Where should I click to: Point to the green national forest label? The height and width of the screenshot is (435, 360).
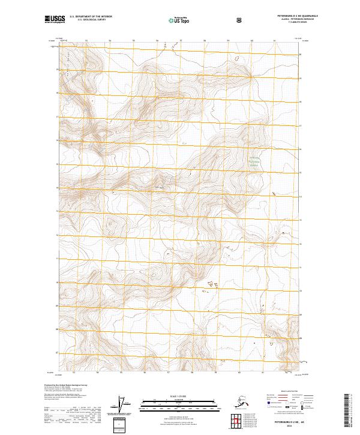(x=256, y=161)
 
